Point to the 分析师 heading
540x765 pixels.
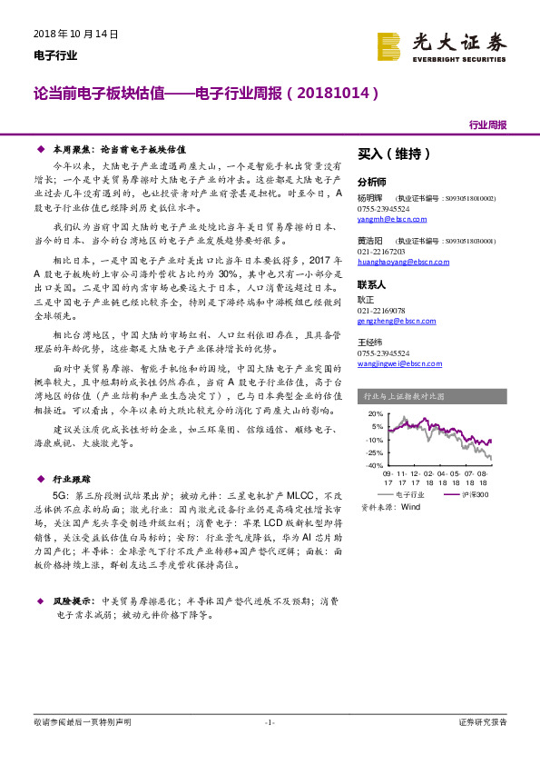click(371, 182)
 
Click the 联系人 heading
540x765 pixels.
click(371, 284)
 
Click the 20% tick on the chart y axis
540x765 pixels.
click(376, 413)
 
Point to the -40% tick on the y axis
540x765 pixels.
click(374, 465)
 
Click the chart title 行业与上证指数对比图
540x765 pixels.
click(403, 396)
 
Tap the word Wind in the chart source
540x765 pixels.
click(410, 507)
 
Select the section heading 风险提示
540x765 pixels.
click(74, 601)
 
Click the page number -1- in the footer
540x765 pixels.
click(270, 722)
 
